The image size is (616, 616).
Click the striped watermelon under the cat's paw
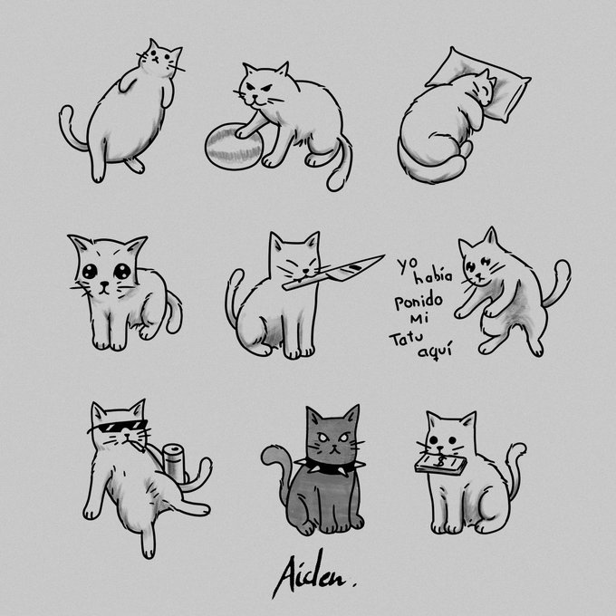point(233,147)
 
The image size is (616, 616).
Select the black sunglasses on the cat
point(117,427)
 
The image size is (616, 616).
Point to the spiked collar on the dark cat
point(330,466)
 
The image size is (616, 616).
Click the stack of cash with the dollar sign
point(440,465)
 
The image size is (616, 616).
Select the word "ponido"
point(419,301)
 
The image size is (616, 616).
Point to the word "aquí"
point(435,350)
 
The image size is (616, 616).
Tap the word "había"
point(433,275)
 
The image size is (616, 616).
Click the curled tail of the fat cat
point(71,129)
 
